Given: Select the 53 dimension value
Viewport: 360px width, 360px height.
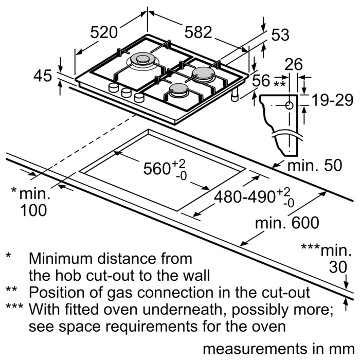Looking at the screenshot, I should tap(280, 35).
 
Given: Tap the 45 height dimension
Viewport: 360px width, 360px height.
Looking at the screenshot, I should tap(43, 76).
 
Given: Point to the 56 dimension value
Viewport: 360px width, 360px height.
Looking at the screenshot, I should tap(261, 80).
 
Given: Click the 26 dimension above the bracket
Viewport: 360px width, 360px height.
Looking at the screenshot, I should tap(294, 64).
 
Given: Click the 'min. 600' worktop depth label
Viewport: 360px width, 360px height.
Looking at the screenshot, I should tap(287, 223).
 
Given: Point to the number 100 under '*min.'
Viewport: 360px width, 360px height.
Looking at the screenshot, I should tap(33, 210).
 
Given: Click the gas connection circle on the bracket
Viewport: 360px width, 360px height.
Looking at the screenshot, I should tap(289, 106).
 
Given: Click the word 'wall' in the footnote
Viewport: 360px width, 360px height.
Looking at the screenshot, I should tap(197, 274).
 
